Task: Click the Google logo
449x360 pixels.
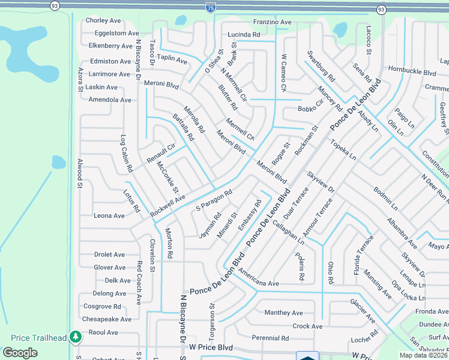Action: pos(20,353)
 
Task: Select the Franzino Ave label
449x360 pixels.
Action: pos(272,22)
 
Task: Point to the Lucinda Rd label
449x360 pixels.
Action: pos(243,35)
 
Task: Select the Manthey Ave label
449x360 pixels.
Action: pos(284,313)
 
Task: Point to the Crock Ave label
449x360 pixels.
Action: pos(307,326)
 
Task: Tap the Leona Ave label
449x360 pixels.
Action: pos(109,215)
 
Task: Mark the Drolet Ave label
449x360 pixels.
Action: pos(110,254)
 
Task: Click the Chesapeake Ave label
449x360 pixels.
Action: pos(106,319)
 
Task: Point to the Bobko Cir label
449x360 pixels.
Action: pos(311,109)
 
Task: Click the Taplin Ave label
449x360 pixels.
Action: pos(173,61)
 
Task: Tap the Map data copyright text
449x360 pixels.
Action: pos(423,355)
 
